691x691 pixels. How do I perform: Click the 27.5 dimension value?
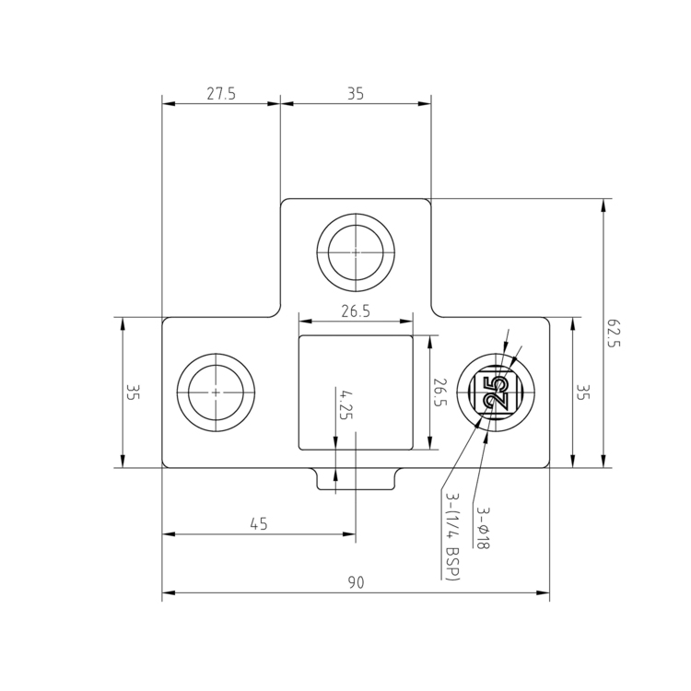(x=221, y=93)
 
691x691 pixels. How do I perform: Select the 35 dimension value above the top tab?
(x=356, y=93)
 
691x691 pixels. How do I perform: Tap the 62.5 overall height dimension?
(x=615, y=333)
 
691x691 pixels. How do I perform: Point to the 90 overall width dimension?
(x=356, y=582)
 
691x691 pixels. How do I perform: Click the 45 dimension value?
(x=259, y=524)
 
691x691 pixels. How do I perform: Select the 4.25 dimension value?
(x=345, y=404)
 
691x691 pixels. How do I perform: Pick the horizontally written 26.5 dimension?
(x=356, y=311)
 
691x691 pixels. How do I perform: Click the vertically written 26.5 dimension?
(x=440, y=392)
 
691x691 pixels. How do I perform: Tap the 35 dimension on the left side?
(x=133, y=392)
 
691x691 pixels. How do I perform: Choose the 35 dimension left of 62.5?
(x=582, y=392)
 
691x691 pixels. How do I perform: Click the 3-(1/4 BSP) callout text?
(x=452, y=536)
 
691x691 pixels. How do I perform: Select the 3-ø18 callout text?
(x=483, y=527)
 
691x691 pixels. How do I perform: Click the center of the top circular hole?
(x=356, y=250)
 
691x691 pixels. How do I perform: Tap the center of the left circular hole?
(x=216, y=392)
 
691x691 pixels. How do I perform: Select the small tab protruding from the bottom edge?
(x=356, y=479)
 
